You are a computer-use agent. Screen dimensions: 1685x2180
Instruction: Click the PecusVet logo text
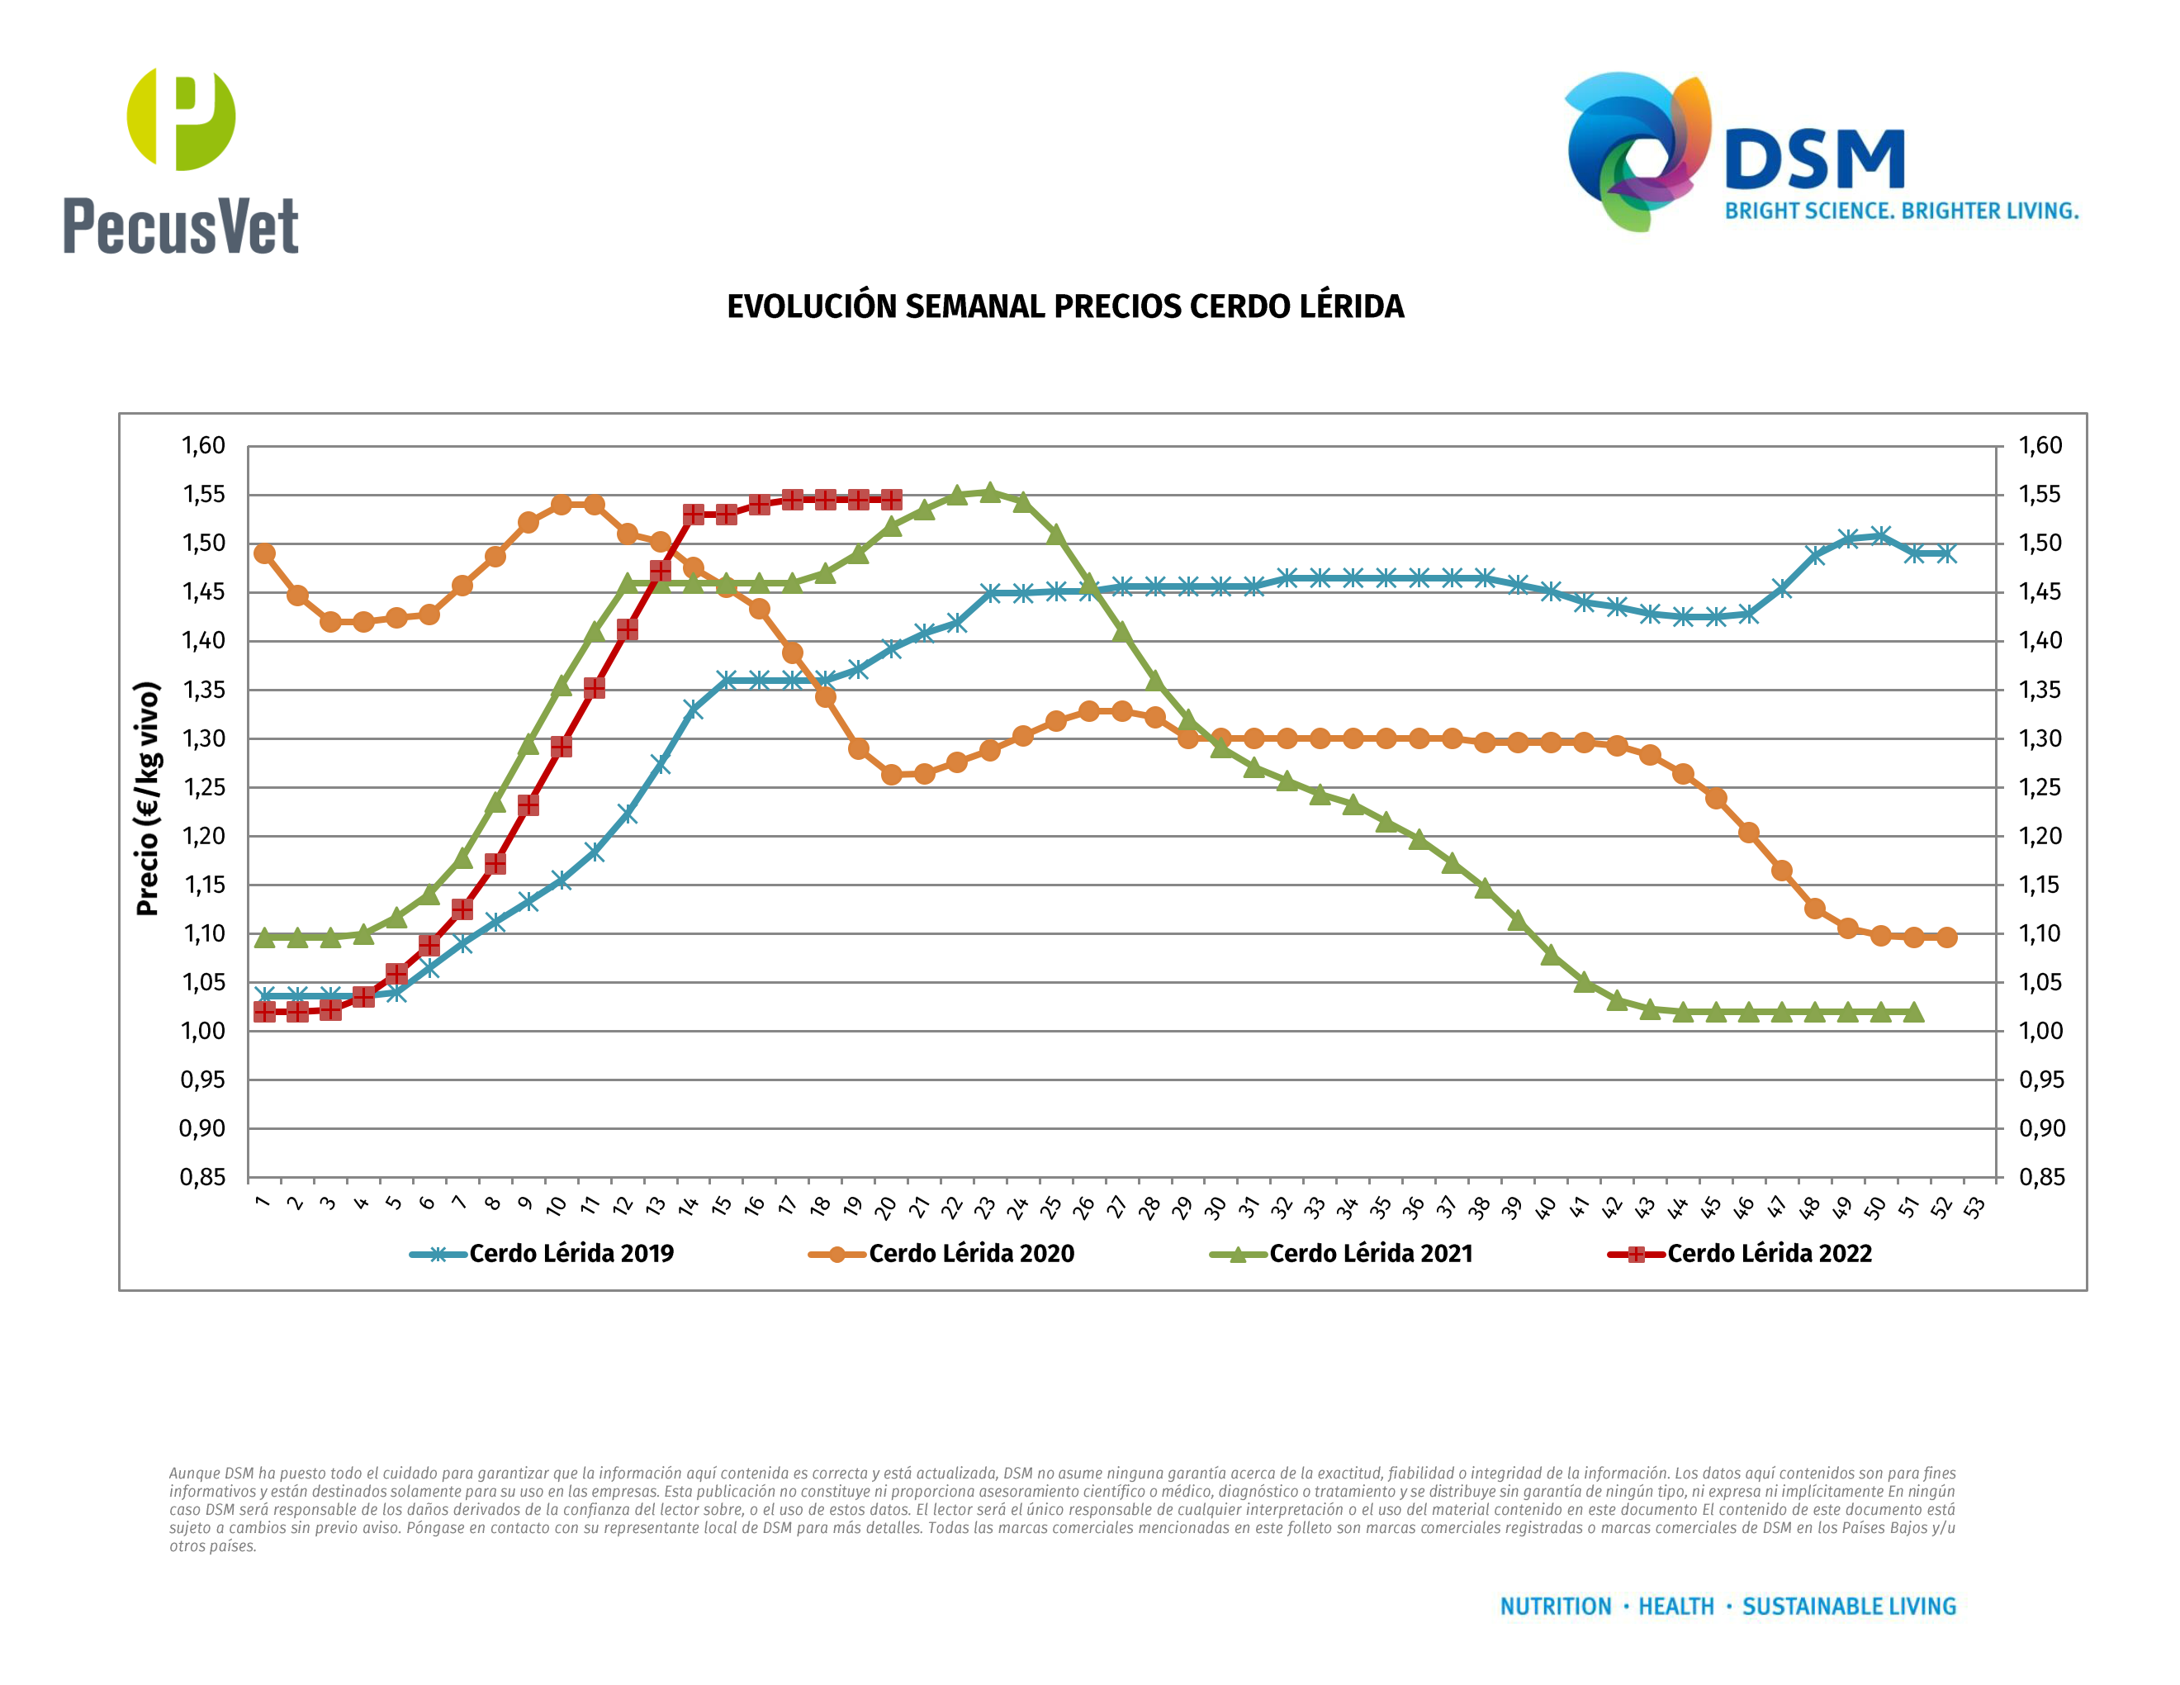pos(181,225)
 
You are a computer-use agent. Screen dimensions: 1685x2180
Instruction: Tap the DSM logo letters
pos(1815,159)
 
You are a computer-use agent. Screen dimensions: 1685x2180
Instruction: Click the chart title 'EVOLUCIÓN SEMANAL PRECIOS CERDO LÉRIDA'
pos(1065,306)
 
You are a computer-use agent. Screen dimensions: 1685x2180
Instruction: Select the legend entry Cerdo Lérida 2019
pos(571,1254)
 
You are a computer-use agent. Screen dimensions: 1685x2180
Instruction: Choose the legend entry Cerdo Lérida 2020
pos(970,1254)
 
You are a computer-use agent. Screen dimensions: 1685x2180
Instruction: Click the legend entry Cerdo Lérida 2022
pos(1769,1254)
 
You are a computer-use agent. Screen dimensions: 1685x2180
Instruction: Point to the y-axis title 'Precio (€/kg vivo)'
pos(148,799)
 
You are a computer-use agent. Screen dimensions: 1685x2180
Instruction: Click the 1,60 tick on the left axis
pos(202,445)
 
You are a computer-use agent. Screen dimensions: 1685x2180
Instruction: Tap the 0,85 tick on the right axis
pos(2041,1177)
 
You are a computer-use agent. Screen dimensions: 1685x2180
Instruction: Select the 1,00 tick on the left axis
pos(202,1031)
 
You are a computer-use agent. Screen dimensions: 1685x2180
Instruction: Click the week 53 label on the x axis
pos(1974,1207)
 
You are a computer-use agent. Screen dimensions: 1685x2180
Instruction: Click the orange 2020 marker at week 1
pos(264,553)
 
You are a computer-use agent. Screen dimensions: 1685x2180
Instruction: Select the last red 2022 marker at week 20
pos(891,499)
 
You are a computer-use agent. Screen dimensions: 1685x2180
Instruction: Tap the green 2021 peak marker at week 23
pos(989,492)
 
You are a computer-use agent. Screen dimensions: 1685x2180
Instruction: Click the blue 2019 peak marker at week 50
pos(1880,536)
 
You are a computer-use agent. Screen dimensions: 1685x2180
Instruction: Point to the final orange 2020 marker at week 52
pos(1946,937)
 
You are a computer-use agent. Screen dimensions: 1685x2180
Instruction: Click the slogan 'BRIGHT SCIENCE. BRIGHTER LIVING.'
pos(1902,211)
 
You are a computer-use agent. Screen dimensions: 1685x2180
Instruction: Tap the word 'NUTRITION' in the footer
pos(1555,1607)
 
